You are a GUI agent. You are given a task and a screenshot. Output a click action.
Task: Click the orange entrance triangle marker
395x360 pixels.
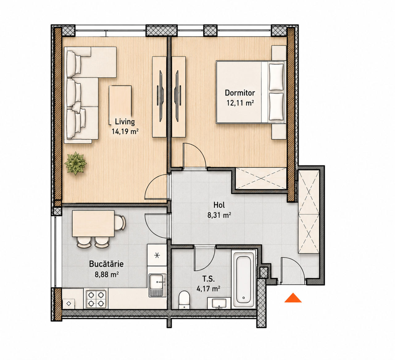(293, 298)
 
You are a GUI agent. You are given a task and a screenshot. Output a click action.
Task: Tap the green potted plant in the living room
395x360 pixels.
(75, 163)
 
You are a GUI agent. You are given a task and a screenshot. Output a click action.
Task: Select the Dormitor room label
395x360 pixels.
(240, 93)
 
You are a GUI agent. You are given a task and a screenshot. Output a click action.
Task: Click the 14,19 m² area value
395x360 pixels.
(125, 131)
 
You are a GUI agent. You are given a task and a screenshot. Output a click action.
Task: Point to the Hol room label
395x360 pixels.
(219, 205)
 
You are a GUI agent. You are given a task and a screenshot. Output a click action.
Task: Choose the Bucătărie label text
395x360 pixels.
(106, 264)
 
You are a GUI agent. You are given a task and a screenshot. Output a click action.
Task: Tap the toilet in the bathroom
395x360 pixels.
(184, 300)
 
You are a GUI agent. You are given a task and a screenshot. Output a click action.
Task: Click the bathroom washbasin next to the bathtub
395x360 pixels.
(219, 303)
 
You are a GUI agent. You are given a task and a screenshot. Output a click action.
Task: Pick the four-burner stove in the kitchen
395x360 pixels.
(96, 298)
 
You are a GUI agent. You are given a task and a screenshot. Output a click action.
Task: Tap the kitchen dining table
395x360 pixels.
(93, 224)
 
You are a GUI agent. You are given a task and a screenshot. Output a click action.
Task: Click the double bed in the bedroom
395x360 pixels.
(251, 92)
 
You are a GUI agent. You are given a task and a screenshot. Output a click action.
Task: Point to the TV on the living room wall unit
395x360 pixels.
(161, 96)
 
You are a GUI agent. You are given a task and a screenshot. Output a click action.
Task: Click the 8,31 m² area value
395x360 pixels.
(219, 215)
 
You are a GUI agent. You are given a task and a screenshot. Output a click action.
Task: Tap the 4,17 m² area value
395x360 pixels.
(208, 289)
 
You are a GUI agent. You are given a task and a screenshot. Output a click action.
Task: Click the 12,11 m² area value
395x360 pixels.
(240, 103)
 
